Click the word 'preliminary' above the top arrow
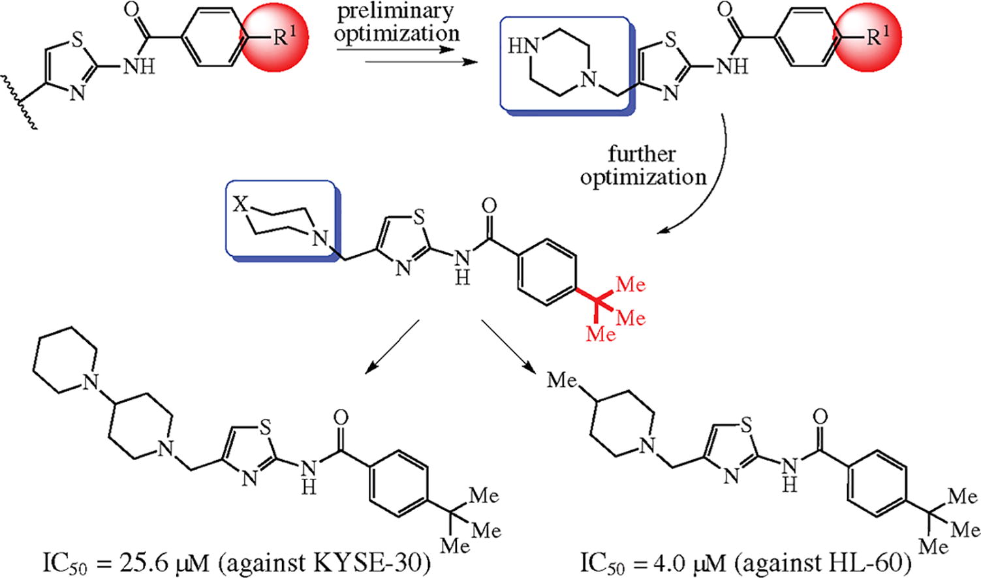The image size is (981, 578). [x=395, y=13]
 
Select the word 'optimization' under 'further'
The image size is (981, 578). [x=642, y=177]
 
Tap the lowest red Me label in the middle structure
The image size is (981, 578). [x=601, y=335]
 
